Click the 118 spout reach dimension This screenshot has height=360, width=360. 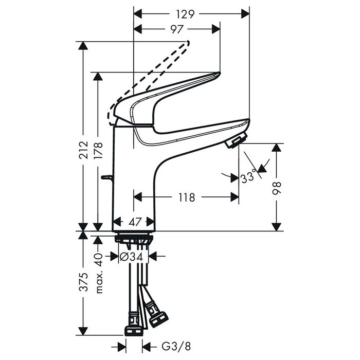186,197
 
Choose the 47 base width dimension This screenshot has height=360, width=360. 134,222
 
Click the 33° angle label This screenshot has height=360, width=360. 248,178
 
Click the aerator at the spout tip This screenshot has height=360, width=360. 237,140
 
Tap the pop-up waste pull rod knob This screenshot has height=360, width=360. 105,178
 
